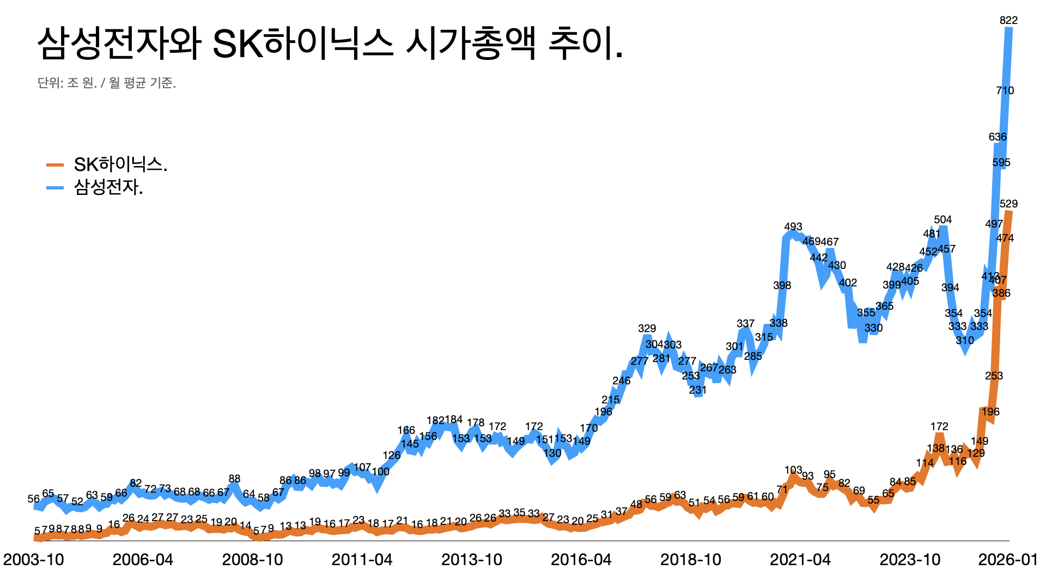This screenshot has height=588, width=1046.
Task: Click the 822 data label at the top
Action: (x=1008, y=21)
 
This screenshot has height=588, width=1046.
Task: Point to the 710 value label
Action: (x=1005, y=91)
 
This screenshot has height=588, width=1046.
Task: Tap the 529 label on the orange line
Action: (x=1008, y=204)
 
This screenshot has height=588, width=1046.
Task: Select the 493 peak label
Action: (x=793, y=227)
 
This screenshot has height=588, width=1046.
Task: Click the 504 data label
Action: (x=942, y=220)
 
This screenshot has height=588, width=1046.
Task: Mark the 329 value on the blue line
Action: (x=647, y=329)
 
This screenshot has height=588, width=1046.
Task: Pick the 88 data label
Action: (x=234, y=479)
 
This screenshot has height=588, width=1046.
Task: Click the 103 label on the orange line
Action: (x=793, y=470)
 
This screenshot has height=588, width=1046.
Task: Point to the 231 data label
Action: (x=697, y=390)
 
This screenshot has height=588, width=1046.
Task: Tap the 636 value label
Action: (x=998, y=137)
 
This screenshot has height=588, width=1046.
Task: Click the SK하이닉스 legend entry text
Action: (x=120, y=164)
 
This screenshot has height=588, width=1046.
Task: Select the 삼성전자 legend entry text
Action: (x=108, y=187)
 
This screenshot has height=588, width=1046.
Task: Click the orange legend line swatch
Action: (x=55, y=164)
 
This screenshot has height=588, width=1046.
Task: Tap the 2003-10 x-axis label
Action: (x=34, y=560)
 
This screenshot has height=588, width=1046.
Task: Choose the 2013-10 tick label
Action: (x=471, y=560)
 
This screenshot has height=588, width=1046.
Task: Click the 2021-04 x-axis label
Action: (x=800, y=560)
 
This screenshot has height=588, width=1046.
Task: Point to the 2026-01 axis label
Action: (x=1008, y=560)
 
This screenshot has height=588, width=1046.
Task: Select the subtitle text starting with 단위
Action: (x=106, y=83)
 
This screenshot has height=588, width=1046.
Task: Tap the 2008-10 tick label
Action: (x=252, y=560)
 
